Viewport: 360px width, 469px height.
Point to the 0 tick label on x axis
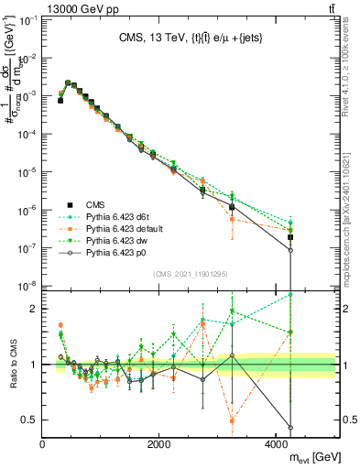point(43,443)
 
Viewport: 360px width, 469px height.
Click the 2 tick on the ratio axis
point(34,309)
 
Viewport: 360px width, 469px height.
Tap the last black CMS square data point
point(290,237)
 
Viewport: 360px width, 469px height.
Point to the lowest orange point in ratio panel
point(232,421)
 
